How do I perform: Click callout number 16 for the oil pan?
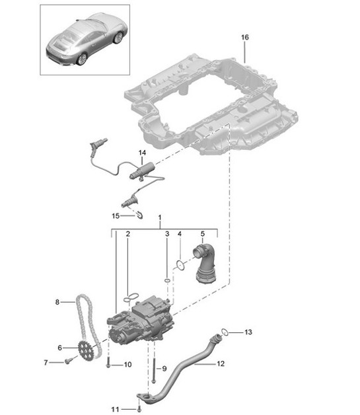244,38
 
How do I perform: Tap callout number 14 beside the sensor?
142,153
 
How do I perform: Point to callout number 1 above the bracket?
159,217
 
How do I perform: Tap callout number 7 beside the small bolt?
47,362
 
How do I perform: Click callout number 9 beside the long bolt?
164,369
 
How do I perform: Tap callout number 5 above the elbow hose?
203,234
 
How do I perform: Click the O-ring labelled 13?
225,331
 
